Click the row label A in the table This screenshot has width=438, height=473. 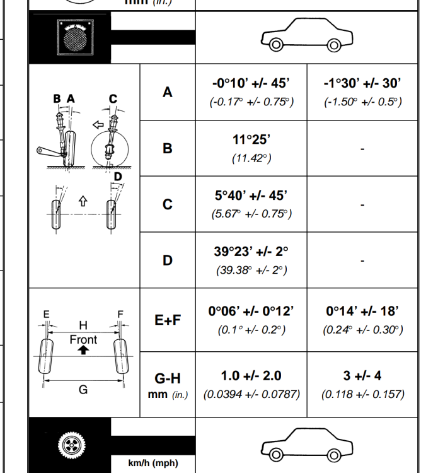coord(167,92)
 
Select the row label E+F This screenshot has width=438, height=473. coord(168,320)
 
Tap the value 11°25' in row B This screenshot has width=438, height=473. coord(251,139)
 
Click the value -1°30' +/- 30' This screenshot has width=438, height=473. coord(362,83)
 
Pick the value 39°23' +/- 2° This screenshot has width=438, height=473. coord(251,251)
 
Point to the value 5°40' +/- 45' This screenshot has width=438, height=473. coord(251,196)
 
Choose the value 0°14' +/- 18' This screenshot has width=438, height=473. coord(362,311)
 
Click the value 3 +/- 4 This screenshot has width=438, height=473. coord(362,376)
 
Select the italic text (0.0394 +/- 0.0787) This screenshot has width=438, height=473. coord(251,394)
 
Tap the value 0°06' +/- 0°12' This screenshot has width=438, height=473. coord(251,311)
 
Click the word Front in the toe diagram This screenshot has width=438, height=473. coord(83,340)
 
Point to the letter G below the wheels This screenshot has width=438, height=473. coord(83,390)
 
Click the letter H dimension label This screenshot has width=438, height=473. coord(83,325)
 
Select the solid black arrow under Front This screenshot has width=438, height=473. coord(83,350)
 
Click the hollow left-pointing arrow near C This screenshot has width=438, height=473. coord(98,125)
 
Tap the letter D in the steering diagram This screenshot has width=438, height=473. coord(118,177)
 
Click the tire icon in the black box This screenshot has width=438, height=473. coord(72,445)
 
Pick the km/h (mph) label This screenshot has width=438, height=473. coord(153,463)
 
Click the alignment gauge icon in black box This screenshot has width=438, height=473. coord(76,37)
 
